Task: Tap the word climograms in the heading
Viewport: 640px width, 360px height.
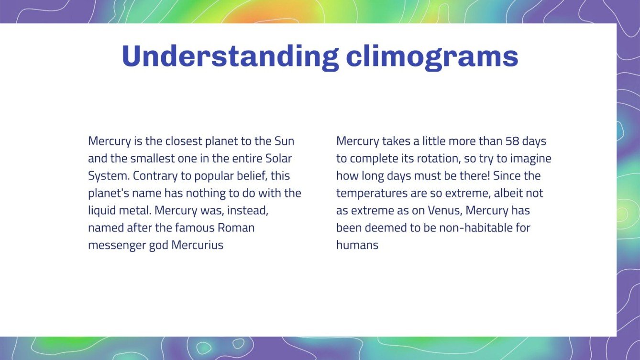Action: point(432,56)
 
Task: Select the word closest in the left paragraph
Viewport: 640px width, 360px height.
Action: point(184,142)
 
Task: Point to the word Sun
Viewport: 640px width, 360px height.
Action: point(284,142)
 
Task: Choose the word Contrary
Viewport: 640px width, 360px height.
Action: point(152,176)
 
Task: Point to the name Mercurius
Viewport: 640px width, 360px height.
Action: point(197,245)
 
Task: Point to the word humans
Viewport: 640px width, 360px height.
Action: point(357,245)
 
